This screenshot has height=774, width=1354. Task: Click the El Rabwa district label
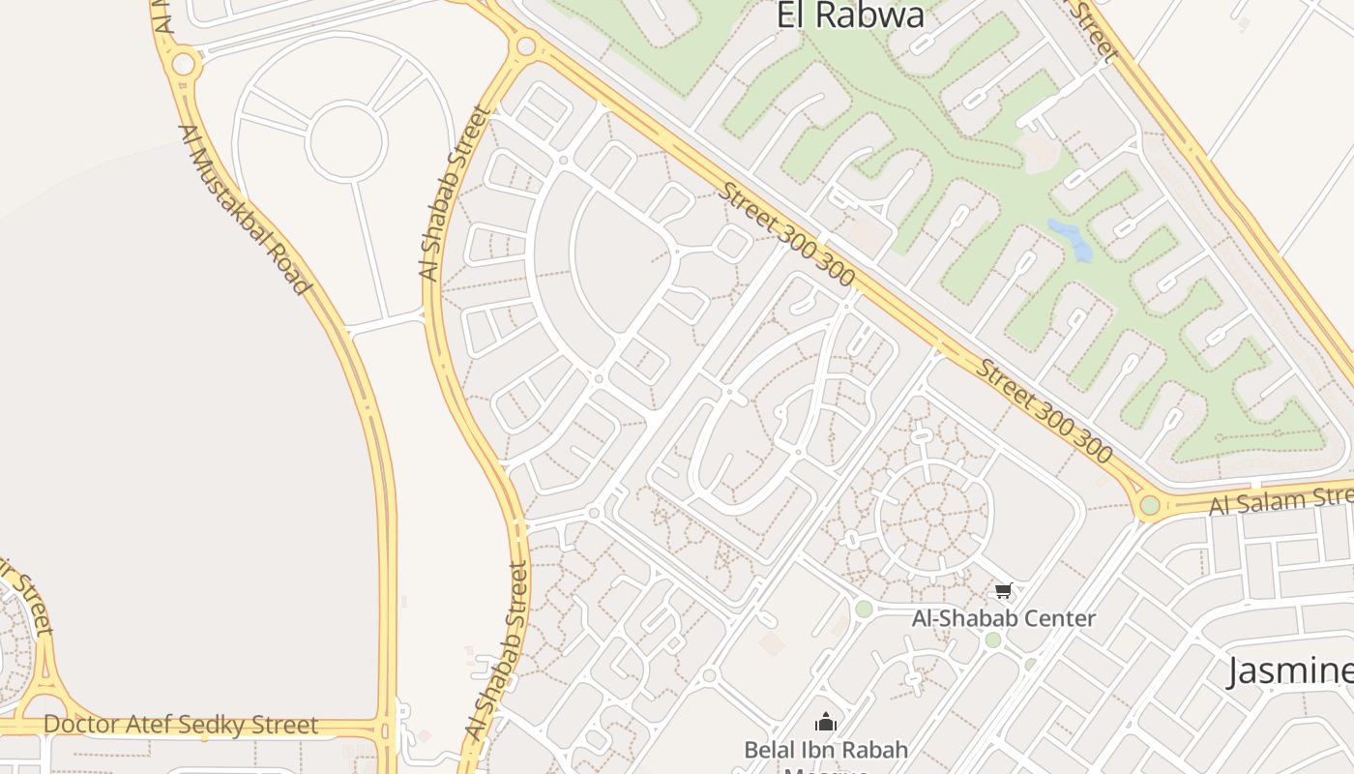click(850, 15)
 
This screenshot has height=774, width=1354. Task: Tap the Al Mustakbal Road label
click(246, 209)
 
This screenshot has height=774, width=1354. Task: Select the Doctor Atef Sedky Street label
click(181, 725)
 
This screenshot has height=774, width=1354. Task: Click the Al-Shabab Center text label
click(1004, 618)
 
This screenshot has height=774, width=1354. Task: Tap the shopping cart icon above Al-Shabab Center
click(1003, 590)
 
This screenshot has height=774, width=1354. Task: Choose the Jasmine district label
click(1290, 670)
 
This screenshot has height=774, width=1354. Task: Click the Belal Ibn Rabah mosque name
click(826, 750)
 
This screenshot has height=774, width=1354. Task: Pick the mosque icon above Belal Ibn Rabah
click(825, 722)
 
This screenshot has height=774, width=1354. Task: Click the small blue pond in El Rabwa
click(1071, 239)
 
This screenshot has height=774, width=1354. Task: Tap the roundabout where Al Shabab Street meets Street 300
click(526, 45)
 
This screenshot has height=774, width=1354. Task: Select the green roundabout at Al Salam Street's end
click(1149, 505)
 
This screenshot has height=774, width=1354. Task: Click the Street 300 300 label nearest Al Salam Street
click(1044, 410)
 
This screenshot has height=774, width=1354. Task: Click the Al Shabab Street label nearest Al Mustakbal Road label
click(455, 193)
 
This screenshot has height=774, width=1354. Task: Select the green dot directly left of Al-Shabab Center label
click(864, 609)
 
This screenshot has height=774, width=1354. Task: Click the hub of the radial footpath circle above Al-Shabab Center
click(933, 511)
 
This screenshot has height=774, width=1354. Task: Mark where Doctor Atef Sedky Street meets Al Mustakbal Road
click(386, 728)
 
